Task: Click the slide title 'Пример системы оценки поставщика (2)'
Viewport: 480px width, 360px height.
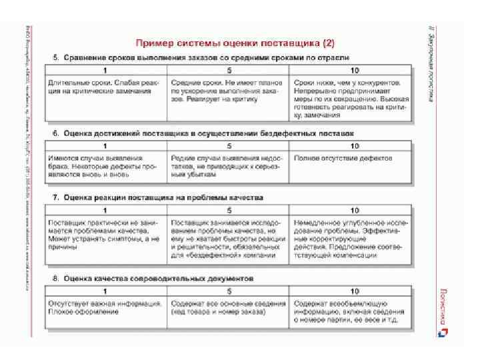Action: coord(237,43)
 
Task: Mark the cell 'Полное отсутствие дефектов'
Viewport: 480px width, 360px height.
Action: coord(349,159)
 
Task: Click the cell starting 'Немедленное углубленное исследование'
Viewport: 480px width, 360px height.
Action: coord(351,237)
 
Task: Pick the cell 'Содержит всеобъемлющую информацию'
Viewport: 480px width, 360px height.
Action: coord(351,312)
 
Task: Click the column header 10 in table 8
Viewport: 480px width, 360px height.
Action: coord(353,291)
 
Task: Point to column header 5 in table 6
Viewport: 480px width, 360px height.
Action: coord(229,146)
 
